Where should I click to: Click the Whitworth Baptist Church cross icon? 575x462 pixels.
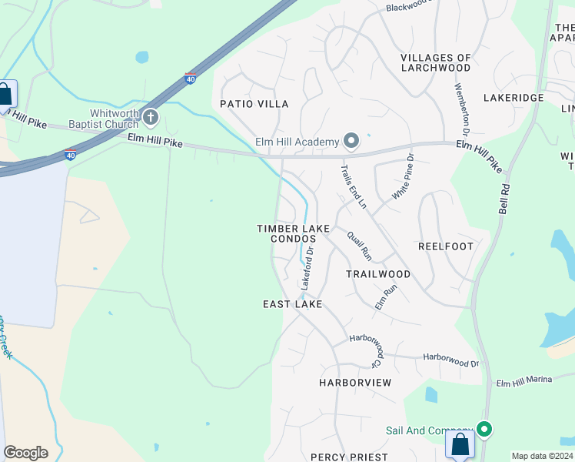151,118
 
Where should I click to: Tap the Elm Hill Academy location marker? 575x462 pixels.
352,140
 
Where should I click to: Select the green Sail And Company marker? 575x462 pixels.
484,428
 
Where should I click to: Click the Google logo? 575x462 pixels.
25,453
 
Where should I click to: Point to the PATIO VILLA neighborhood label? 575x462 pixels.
254,104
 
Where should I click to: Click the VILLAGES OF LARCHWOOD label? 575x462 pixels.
436,62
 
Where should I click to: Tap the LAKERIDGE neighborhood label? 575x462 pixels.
514,98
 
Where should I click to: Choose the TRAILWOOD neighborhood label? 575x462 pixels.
377,274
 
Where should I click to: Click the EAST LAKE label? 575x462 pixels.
292,304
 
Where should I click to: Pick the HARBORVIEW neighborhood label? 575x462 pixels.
355,383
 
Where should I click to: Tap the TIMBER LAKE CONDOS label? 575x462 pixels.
293,233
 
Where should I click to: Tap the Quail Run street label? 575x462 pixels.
359,246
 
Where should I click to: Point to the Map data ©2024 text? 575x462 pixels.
542,456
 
